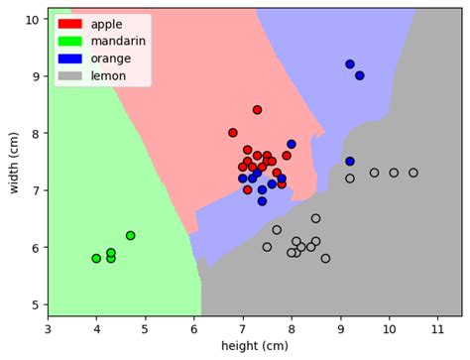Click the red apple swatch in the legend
click(x=70, y=23)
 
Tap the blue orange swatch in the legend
click(x=70, y=58)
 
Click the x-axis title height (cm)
click(x=255, y=346)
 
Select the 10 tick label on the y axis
click(x=30, y=19)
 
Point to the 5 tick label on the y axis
click(x=34, y=304)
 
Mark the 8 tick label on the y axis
click(x=34, y=133)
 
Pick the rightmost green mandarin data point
click(x=131, y=236)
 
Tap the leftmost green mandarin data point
click(x=96, y=259)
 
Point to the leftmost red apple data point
click(x=233, y=133)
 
